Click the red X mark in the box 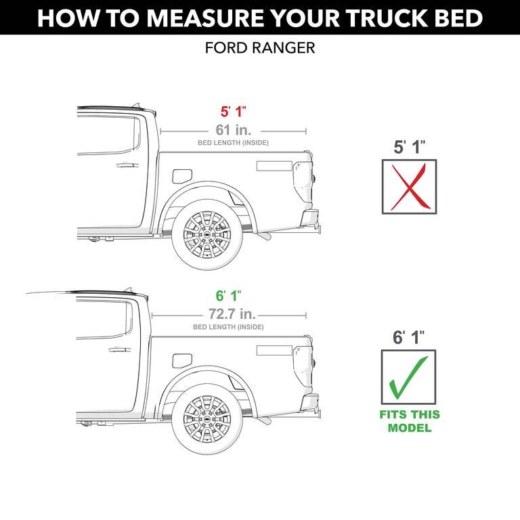pos(408,185)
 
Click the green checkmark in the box pos(408,376)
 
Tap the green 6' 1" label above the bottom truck pos(228,296)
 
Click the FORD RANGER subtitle pos(259,49)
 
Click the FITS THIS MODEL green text pos(408,421)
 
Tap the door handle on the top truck pos(127,165)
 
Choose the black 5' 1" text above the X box pos(408,147)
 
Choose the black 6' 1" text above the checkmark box pos(408,337)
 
